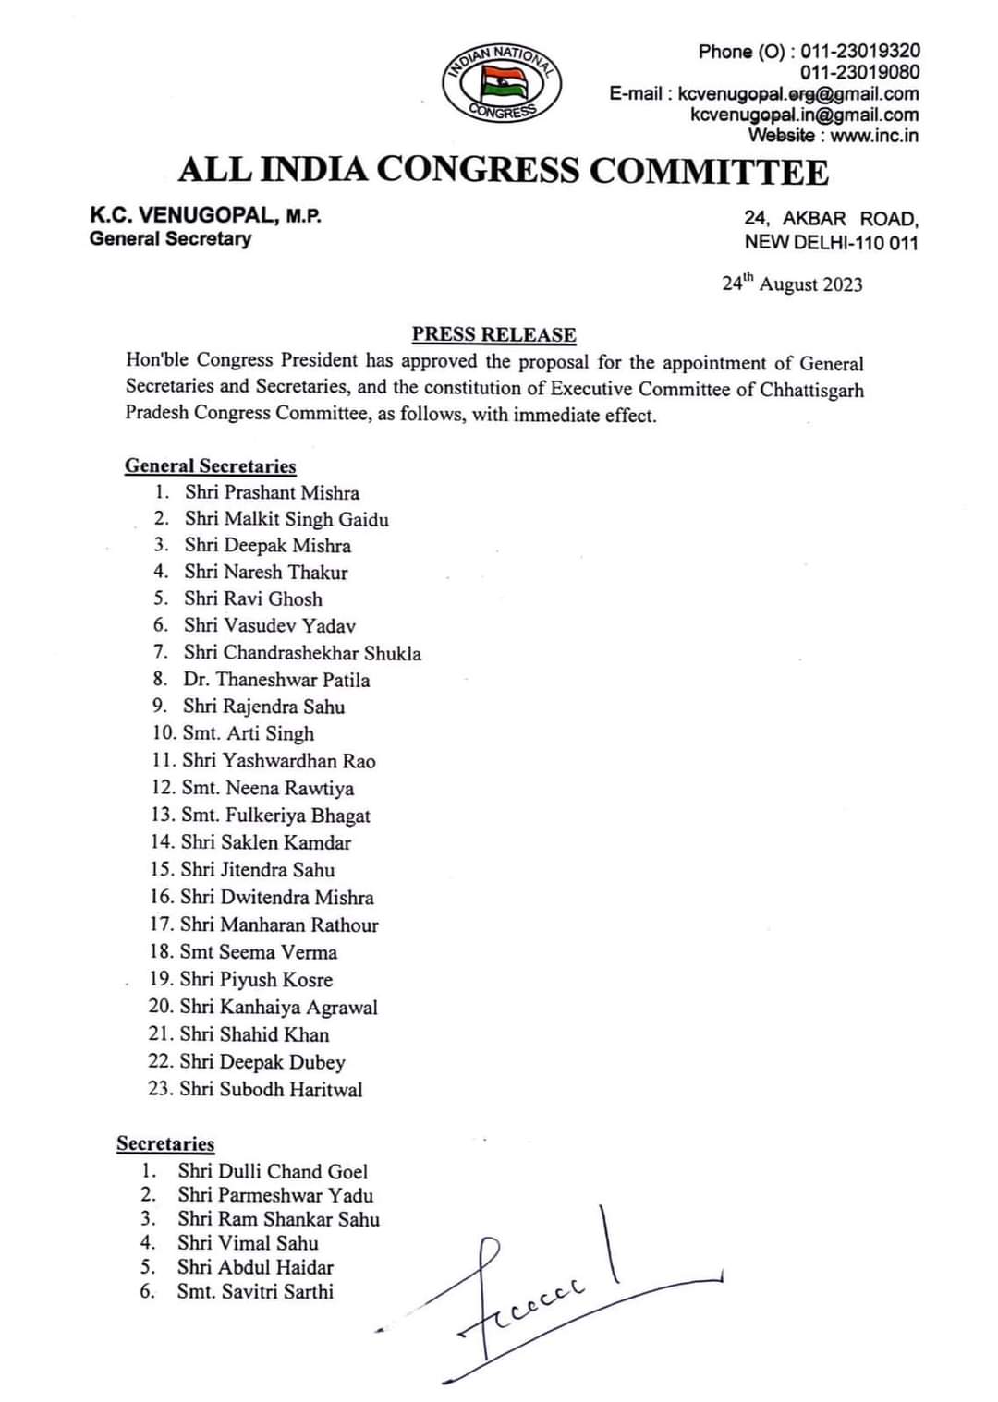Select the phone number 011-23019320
pyautogui.click(x=860, y=51)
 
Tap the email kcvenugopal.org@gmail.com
pyautogui.click(x=798, y=93)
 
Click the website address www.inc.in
pyautogui.click(x=874, y=136)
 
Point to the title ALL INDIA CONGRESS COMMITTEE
pyautogui.click(x=504, y=171)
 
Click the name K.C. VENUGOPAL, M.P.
pyautogui.click(x=205, y=216)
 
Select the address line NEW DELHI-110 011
pyautogui.click(x=831, y=242)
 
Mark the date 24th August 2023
pyautogui.click(x=792, y=284)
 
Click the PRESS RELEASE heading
pyautogui.click(x=493, y=334)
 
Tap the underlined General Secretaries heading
pyautogui.click(x=211, y=466)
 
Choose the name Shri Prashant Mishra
pyautogui.click(x=272, y=493)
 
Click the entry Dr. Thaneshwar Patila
pyautogui.click(x=276, y=680)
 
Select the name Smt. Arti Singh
pyautogui.click(x=248, y=733)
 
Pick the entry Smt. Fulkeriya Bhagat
pyautogui.click(x=275, y=816)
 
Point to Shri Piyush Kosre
pyautogui.click(x=256, y=980)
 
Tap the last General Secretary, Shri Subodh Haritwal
pyautogui.click(x=271, y=1090)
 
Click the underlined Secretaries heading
pyautogui.click(x=165, y=1144)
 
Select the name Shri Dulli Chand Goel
pyautogui.click(x=273, y=1172)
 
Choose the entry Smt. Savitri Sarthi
pyautogui.click(x=255, y=1292)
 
